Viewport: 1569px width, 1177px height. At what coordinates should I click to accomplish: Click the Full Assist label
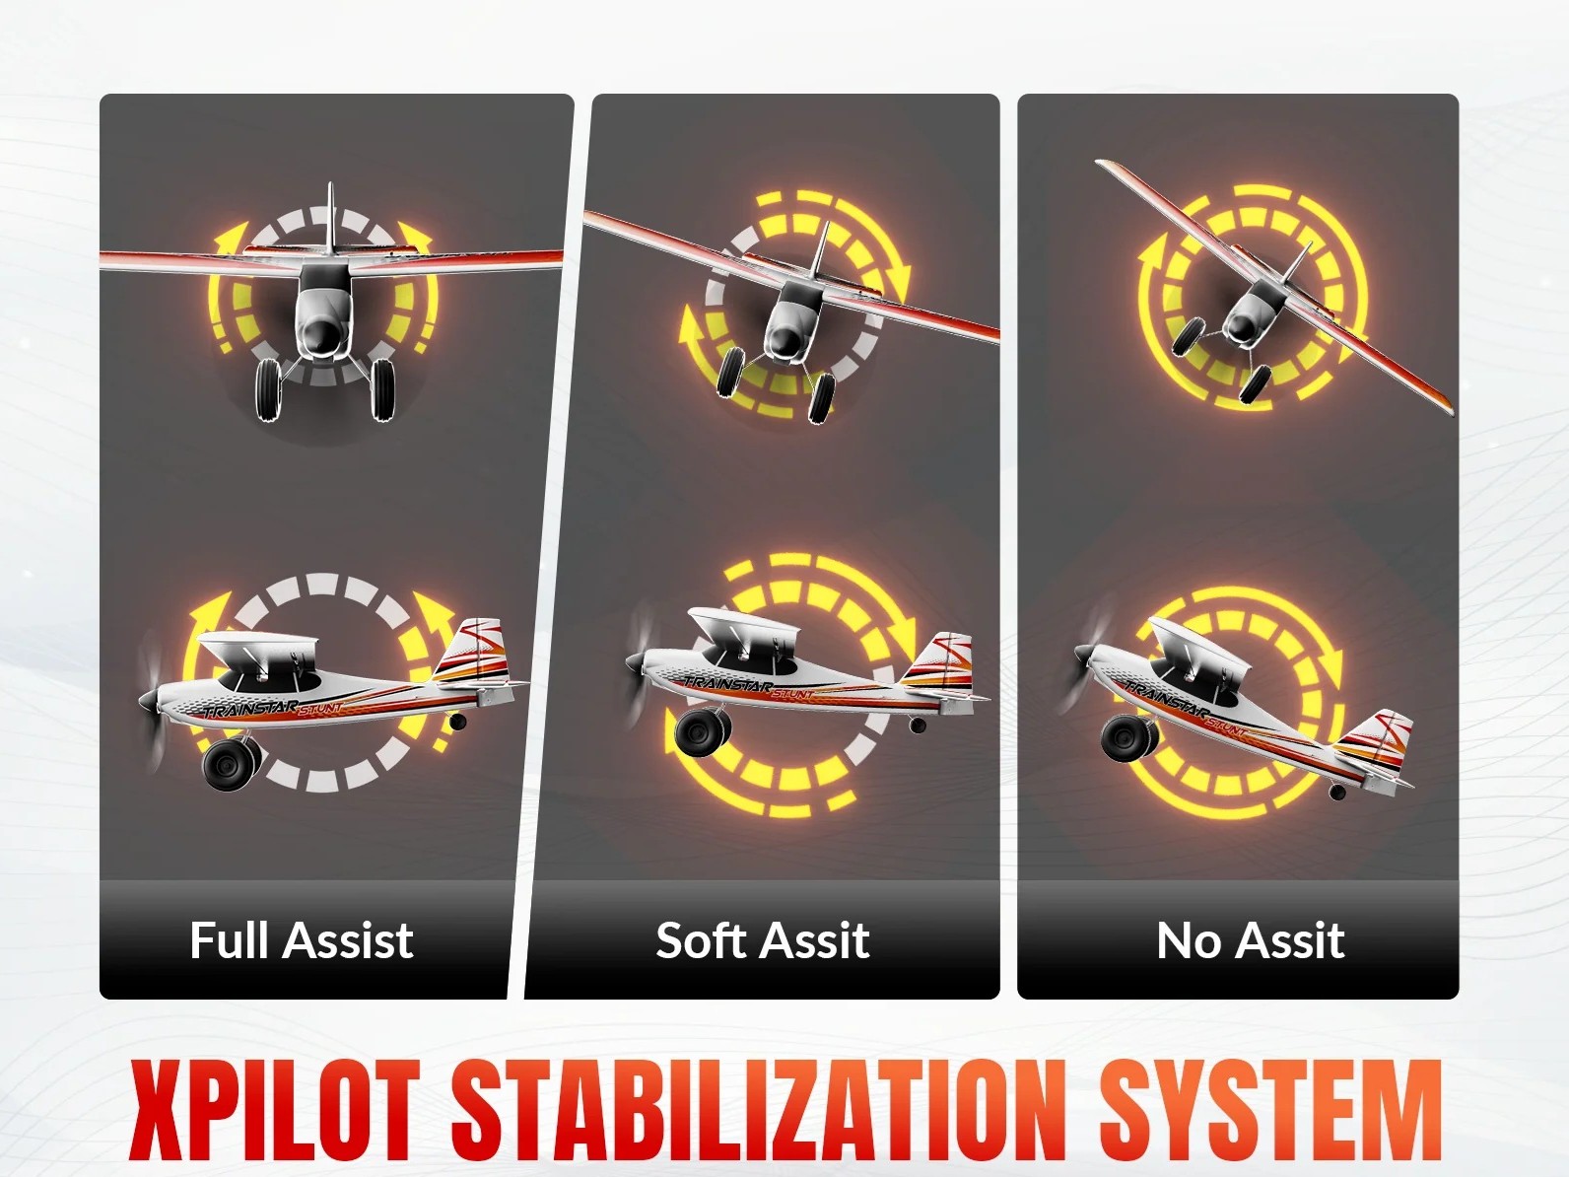[302, 939]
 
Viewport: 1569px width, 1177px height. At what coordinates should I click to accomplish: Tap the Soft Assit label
[763, 939]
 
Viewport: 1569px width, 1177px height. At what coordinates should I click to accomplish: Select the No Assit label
[1251, 939]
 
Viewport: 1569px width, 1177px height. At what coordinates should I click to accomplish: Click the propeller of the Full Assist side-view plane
[153, 700]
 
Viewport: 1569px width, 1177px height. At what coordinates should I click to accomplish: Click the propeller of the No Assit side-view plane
[1085, 654]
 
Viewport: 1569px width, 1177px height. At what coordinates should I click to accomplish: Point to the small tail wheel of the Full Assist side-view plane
[456, 721]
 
